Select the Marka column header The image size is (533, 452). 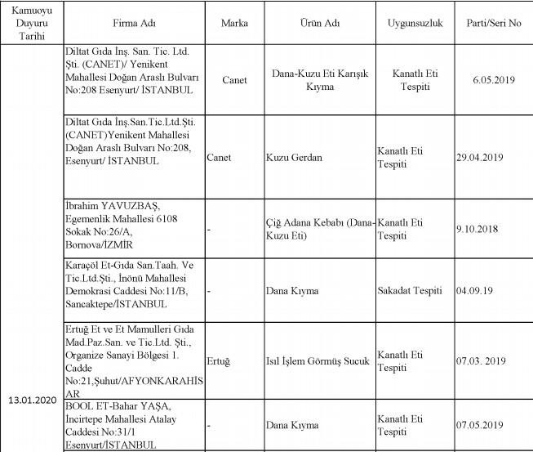pos(234,23)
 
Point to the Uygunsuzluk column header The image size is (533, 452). pos(415,23)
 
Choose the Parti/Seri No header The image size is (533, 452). pos(496,23)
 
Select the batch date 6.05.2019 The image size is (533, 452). pos(496,80)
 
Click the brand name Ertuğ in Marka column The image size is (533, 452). pos(220,360)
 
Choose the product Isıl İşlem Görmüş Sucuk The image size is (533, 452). pos(318,360)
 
